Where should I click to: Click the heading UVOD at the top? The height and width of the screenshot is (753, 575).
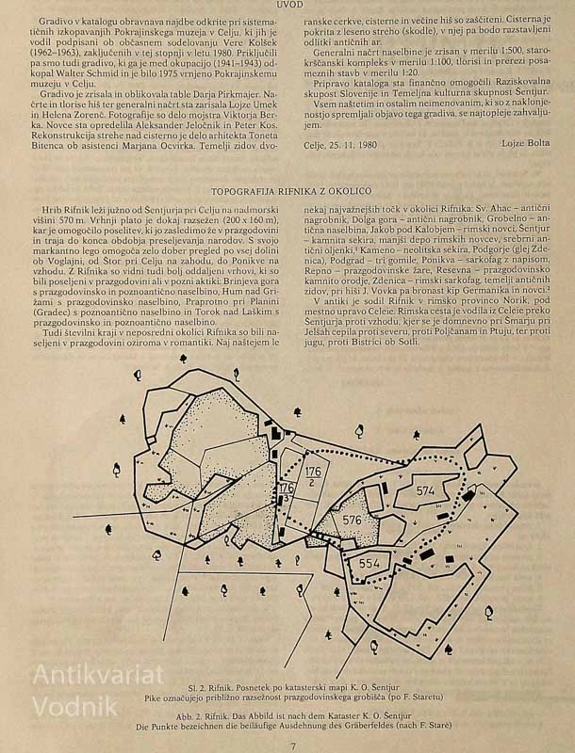click(290, 5)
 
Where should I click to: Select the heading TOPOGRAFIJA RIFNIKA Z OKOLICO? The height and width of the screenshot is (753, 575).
click(291, 191)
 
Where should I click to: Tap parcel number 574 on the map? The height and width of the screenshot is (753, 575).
click(425, 490)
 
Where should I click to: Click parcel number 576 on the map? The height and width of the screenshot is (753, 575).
click(352, 520)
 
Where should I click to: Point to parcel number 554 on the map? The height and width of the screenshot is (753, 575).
click(370, 564)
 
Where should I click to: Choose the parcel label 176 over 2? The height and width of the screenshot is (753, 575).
click(313, 475)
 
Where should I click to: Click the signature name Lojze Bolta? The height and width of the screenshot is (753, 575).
click(525, 143)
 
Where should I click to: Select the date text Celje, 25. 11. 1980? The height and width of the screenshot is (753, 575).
click(340, 145)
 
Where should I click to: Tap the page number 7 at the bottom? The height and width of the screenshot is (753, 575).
click(293, 746)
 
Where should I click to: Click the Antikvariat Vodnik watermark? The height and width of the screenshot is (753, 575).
click(98, 690)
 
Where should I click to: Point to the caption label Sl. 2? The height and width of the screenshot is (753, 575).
click(196, 687)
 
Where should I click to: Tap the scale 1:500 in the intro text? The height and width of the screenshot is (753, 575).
click(513, 50)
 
